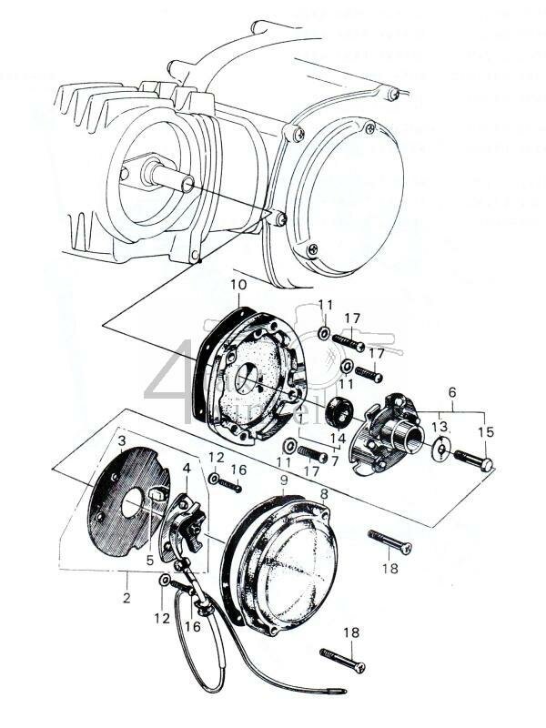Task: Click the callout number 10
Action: tap(238, 285)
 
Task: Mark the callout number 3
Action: tap(121, 441)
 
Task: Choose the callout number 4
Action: tap(187, 470)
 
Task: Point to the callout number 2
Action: tap(126, 598)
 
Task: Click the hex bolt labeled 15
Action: tap(472, 459)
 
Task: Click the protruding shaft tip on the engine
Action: tap(187, 185)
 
